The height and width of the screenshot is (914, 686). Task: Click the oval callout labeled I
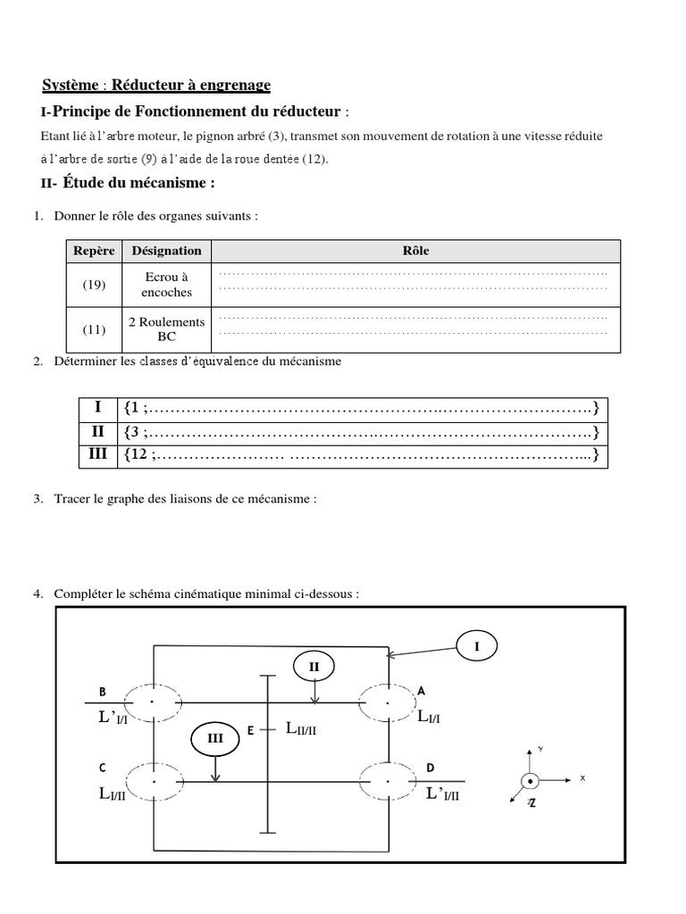pos(478,645)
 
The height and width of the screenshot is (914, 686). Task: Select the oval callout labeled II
pos(314,666)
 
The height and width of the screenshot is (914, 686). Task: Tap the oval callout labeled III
pos(215,738)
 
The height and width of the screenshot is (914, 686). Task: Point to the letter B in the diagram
pos(103,692)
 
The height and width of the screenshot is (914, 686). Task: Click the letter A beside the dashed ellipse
pos(422,690)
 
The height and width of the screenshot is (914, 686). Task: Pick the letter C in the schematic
pos(104,768)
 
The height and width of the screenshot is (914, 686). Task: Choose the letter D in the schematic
pos(431,768)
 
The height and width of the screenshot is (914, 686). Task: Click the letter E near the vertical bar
pos(251,731)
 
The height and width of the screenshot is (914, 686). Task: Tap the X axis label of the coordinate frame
pos(582,778)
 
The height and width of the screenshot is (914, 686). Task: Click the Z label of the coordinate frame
pos(531,803)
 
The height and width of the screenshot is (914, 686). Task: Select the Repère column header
pos(94,251)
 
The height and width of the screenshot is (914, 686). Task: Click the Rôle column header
pos(416,251)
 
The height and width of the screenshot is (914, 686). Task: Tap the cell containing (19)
pos(95,286)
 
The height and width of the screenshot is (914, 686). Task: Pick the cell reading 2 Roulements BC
pos(167,329)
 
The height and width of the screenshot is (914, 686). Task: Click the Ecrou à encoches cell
pos(167,285)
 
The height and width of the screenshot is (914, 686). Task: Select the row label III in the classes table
pos(98,454)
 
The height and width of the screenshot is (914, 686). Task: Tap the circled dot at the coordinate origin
pos(530,780)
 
